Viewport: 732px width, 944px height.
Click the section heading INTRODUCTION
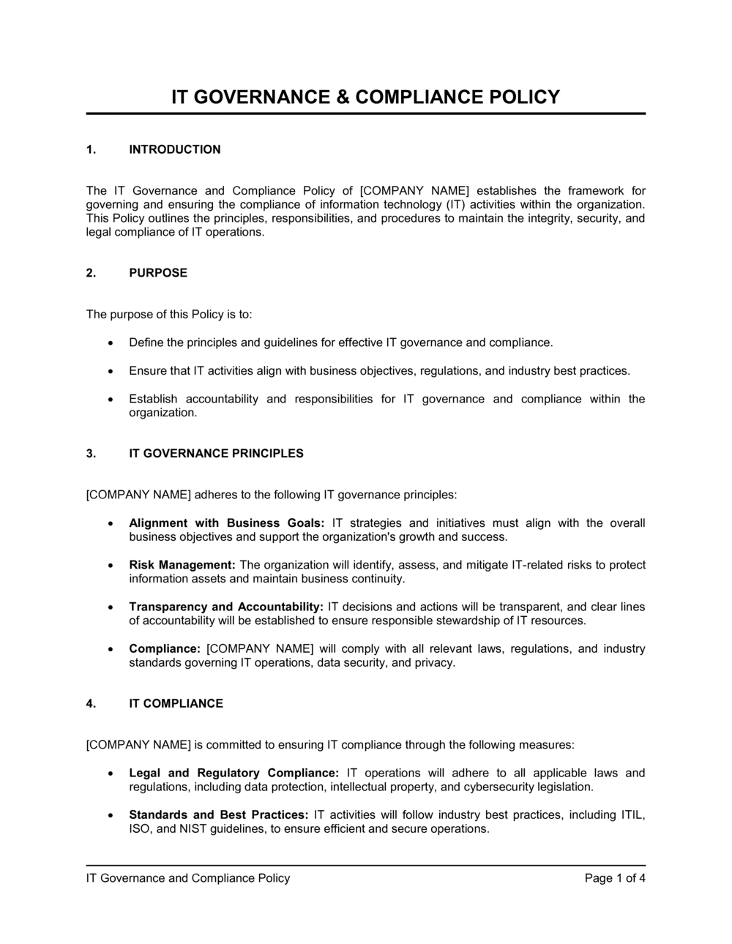174,150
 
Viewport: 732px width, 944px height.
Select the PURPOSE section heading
158,273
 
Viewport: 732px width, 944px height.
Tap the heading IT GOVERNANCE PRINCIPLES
216,454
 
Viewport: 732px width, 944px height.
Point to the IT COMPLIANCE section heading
176,704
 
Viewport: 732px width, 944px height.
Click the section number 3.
90,454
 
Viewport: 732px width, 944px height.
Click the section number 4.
90,704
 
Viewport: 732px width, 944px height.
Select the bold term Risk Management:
182,565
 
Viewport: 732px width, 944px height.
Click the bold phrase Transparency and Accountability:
226,607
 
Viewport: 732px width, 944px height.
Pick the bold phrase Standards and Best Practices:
218,815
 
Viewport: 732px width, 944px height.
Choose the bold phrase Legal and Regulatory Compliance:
234,773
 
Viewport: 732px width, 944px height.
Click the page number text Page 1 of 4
615,878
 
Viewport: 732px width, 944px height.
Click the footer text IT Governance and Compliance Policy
188,878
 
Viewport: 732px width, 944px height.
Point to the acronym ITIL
632,815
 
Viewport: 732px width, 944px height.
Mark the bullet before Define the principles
110,342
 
